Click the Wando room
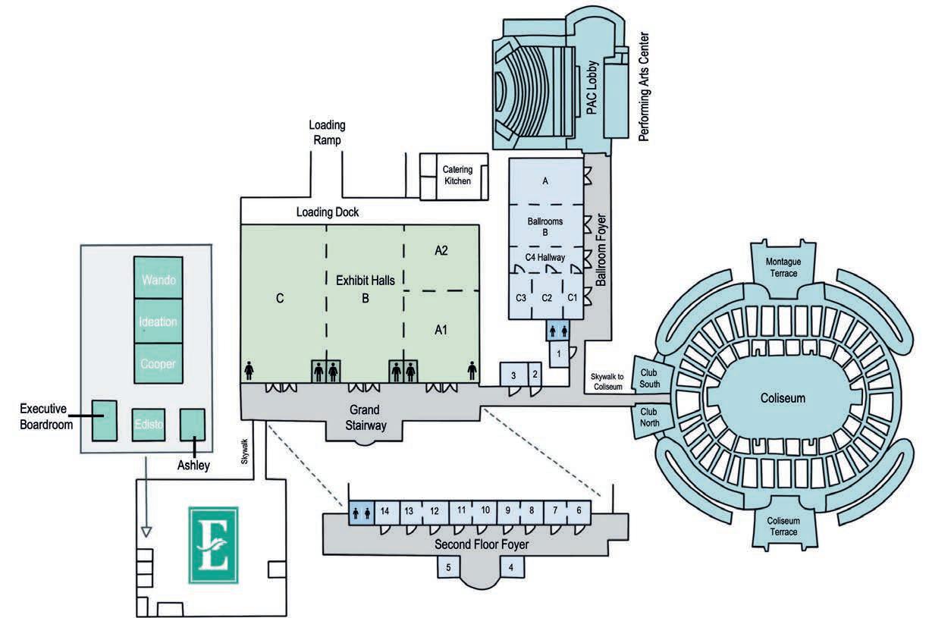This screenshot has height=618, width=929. pyautogui.click(x=158, y=278)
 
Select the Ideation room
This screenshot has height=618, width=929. pyautogui.click(x=158, y=321)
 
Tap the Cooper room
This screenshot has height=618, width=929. pyautogui.click(x=158, y=363)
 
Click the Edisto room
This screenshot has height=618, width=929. pyautogui.click(x=148, y=424)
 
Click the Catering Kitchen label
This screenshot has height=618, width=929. pyautogui.click(x=457, y=175)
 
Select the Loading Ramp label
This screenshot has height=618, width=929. pyautogui.click(x=327, y=132)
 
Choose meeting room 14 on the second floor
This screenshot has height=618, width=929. pyautogui.click(x=384, y=510)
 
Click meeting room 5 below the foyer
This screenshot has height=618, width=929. pyautogui.click(x=449, y=566)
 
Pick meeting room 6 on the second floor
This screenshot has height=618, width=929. pyautogui.click(x=579, y=510)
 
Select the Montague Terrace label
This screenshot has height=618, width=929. pyautogui.click(x=782, y=267)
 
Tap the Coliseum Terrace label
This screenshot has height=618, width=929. pyautogui.click(x=782, y=527)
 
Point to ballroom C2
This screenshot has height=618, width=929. pyautogui.click(x=547, y=298)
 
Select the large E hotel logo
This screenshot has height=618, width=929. pyautogui.click(x=213, y=544)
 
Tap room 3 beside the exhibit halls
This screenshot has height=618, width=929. pyautogui.click(x=513, y=375)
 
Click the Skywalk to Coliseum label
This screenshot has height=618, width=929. pyautogui.click(x=607, y=381)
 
